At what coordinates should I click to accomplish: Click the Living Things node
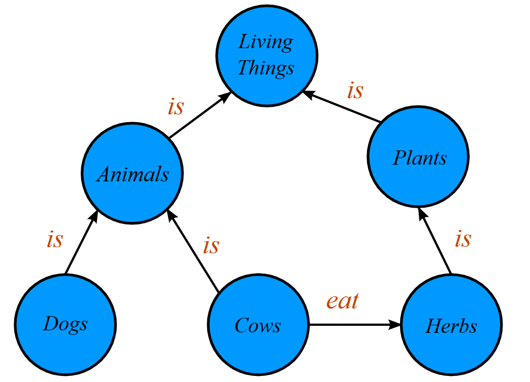coord(267,55)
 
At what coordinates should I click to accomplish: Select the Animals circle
coord(132,173)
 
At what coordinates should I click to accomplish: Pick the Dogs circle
coord(65,324)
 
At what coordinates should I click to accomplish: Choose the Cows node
coord(258,324)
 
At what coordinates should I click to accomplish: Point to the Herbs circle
coord(451,324)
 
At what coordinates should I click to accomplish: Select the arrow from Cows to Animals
coord(194,253)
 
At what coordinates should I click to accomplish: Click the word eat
coord(343,301)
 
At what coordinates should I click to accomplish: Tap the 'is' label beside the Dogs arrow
coord(55,239)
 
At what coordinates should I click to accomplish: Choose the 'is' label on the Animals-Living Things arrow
coord(176,107)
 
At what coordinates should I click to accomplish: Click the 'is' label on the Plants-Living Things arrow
coord(355,91)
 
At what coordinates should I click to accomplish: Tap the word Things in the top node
coord(266,68)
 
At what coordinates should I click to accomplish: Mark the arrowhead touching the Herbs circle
coord(396,324)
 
